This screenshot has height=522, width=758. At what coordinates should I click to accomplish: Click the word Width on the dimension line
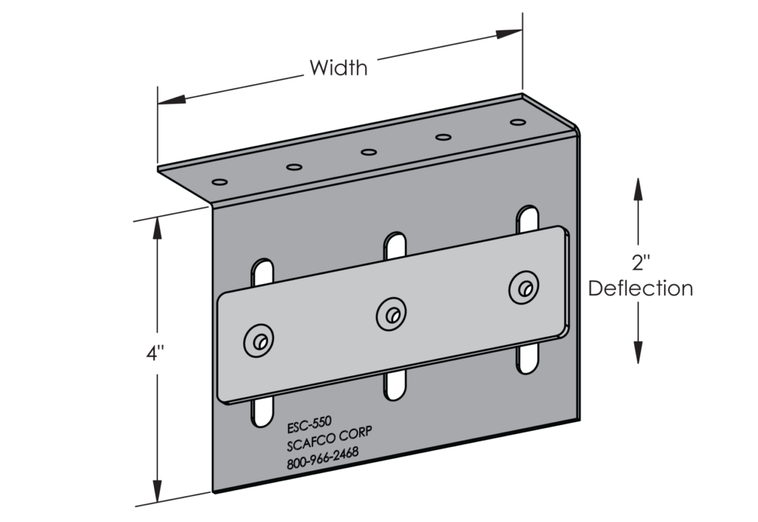338,69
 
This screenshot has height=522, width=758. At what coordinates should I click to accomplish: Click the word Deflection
640,288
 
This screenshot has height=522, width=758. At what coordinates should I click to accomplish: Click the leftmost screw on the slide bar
259,341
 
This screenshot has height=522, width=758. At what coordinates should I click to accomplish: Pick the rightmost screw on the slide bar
524,287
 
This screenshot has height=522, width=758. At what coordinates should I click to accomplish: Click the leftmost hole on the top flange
218,181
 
